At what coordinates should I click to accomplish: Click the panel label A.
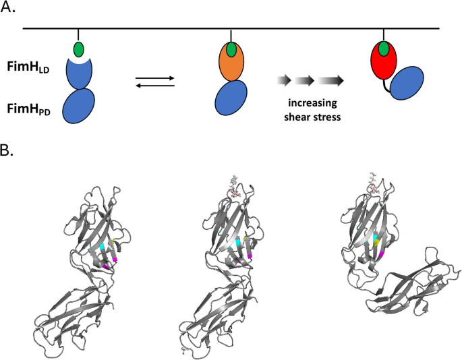pos(7,7)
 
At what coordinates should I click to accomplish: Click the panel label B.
pos(7,150)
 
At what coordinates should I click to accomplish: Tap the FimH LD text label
pos(28,68)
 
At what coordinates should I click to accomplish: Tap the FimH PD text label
pos(28,109)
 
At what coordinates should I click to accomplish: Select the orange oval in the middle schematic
pos(231,61)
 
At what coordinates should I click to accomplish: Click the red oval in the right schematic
pos(383,61)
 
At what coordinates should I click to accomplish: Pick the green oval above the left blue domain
pos(79,49)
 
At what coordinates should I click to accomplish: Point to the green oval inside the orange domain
pos(231,49)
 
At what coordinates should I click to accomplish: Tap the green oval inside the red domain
pos(383,49)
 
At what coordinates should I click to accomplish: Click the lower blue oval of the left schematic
pos(79,106)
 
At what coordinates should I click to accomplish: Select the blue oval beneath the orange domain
pos(231,98)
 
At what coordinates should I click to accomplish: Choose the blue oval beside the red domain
pos(407,83)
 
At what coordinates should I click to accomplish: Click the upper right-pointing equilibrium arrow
pos(155,78)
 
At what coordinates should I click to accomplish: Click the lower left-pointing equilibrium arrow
pos(155,86)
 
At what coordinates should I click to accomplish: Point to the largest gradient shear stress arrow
pos(330,80)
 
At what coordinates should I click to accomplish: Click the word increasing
pos(313,103)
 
